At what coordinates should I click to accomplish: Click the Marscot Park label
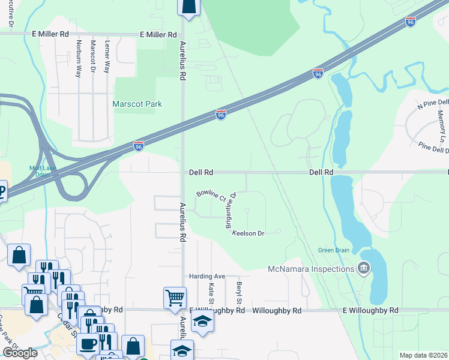coord(137,104)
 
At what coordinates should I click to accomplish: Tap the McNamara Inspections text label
coord(311,268)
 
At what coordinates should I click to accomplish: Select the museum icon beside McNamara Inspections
coord(363,268)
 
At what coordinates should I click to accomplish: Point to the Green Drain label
coord(334,250)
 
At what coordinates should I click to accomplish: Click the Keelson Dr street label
coord(248,233)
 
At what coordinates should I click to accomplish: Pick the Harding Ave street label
coord(206,276)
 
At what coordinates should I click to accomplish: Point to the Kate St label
coord(211,292)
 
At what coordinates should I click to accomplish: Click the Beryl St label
coord(239,292)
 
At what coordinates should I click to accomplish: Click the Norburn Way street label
coord(79,59)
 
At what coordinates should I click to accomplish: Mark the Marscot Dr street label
coord(93,59)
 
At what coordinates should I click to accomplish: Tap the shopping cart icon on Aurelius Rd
coord(174,296)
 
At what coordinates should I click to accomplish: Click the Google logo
coord(20,353)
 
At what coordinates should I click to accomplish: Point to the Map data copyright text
coord(424,355)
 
